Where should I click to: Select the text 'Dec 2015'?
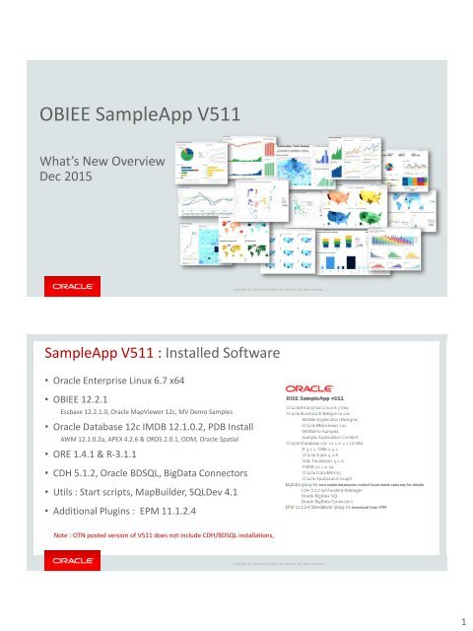click(x=65, y=177)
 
